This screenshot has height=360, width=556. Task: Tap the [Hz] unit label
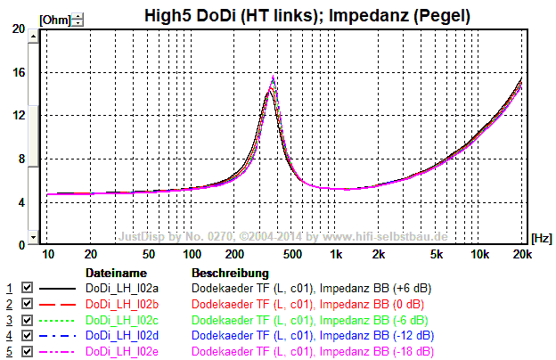click(x=540, y=238)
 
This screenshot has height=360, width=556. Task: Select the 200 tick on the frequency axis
click(x=235, y=255)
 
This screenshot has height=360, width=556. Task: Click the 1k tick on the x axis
click(x=336, y=255)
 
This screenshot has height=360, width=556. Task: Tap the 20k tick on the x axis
click(x=523, y=255)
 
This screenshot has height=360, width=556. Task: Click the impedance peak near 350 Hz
click(x=273, y=78)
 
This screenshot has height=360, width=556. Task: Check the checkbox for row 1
click(x=27, y=289)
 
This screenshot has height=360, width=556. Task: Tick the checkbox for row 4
click(x=27, y=336)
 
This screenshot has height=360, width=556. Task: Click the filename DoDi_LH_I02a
click(x=121, y=289)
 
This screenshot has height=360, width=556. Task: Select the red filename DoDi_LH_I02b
click(x=121, y=305)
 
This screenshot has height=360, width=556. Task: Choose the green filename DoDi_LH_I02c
click(x=121, y=321)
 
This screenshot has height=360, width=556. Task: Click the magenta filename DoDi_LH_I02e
click(x=121, y=352)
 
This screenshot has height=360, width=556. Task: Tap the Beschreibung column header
click(x=230, y=272)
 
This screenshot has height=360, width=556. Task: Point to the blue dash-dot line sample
click(x=56, y=336)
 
